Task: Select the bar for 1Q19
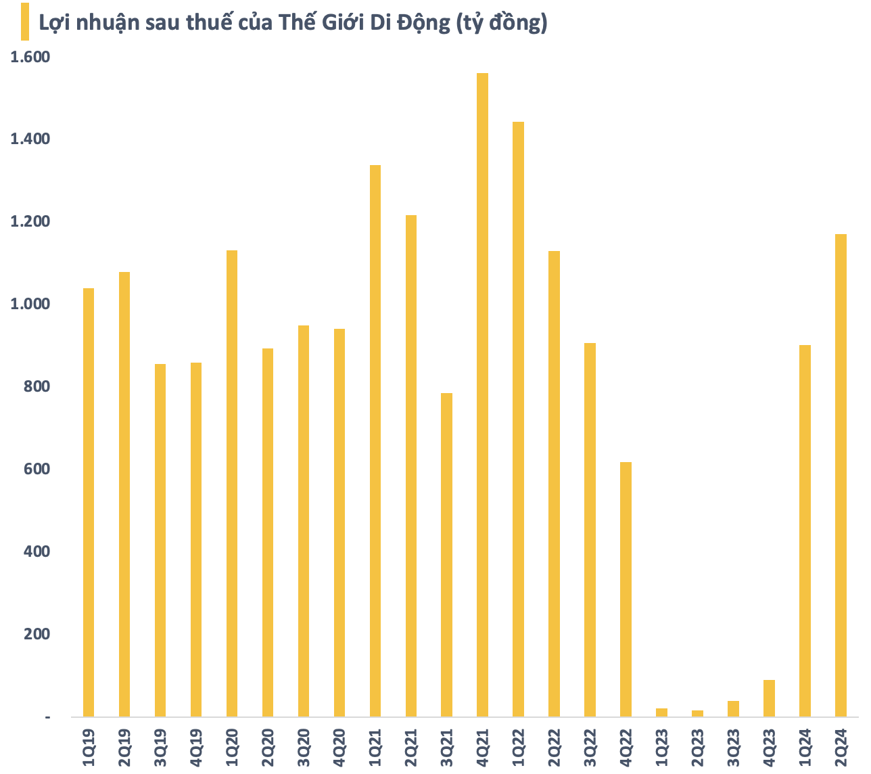[x=89, y=502]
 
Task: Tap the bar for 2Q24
[x=841, y=475]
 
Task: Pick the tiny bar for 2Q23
[x=697, y=713]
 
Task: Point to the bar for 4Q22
[x=626, y=589]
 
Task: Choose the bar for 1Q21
[x=375, y=440]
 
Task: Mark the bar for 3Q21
[x=446, y=555]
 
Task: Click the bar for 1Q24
[x=805, y=530]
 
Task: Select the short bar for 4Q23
[x=769, y=698]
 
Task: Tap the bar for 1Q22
[x=518, y=419]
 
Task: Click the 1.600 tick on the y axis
[x=30, y=57]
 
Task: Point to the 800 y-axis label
[x=37, y=387]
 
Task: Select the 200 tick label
[x=37, y=635]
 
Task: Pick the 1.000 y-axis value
[x=30, y=304]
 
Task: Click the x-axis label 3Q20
[x=303, y=748]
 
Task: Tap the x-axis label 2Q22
[x=554, y=748]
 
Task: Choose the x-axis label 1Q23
[x=661, y=748]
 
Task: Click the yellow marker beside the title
[x=25, y=22]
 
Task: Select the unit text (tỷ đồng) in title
[x=501, y=23]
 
